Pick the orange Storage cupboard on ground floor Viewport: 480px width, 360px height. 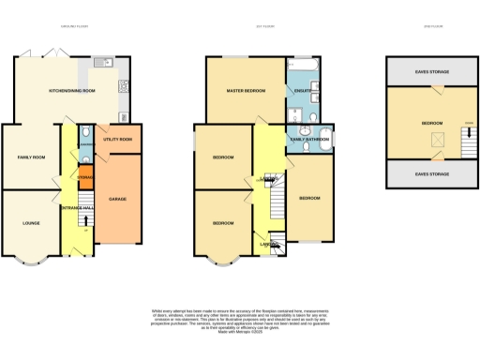point(85,174)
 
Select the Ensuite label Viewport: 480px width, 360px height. point(303,90)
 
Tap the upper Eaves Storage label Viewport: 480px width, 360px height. point(432,71)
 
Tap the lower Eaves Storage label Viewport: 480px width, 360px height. point(432,172)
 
